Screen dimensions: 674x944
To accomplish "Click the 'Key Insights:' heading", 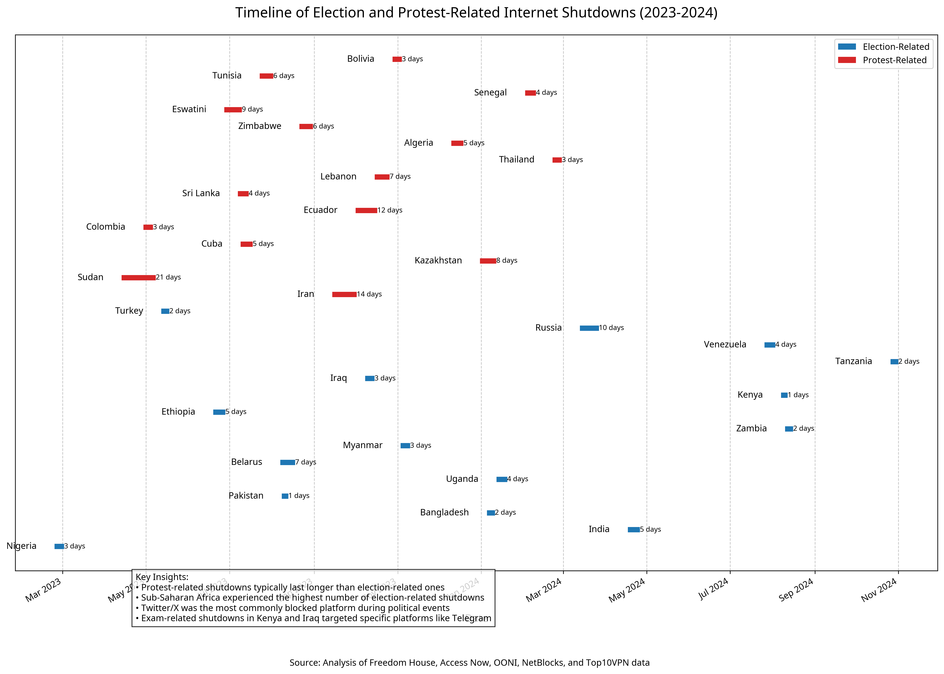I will coord(162,577).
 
